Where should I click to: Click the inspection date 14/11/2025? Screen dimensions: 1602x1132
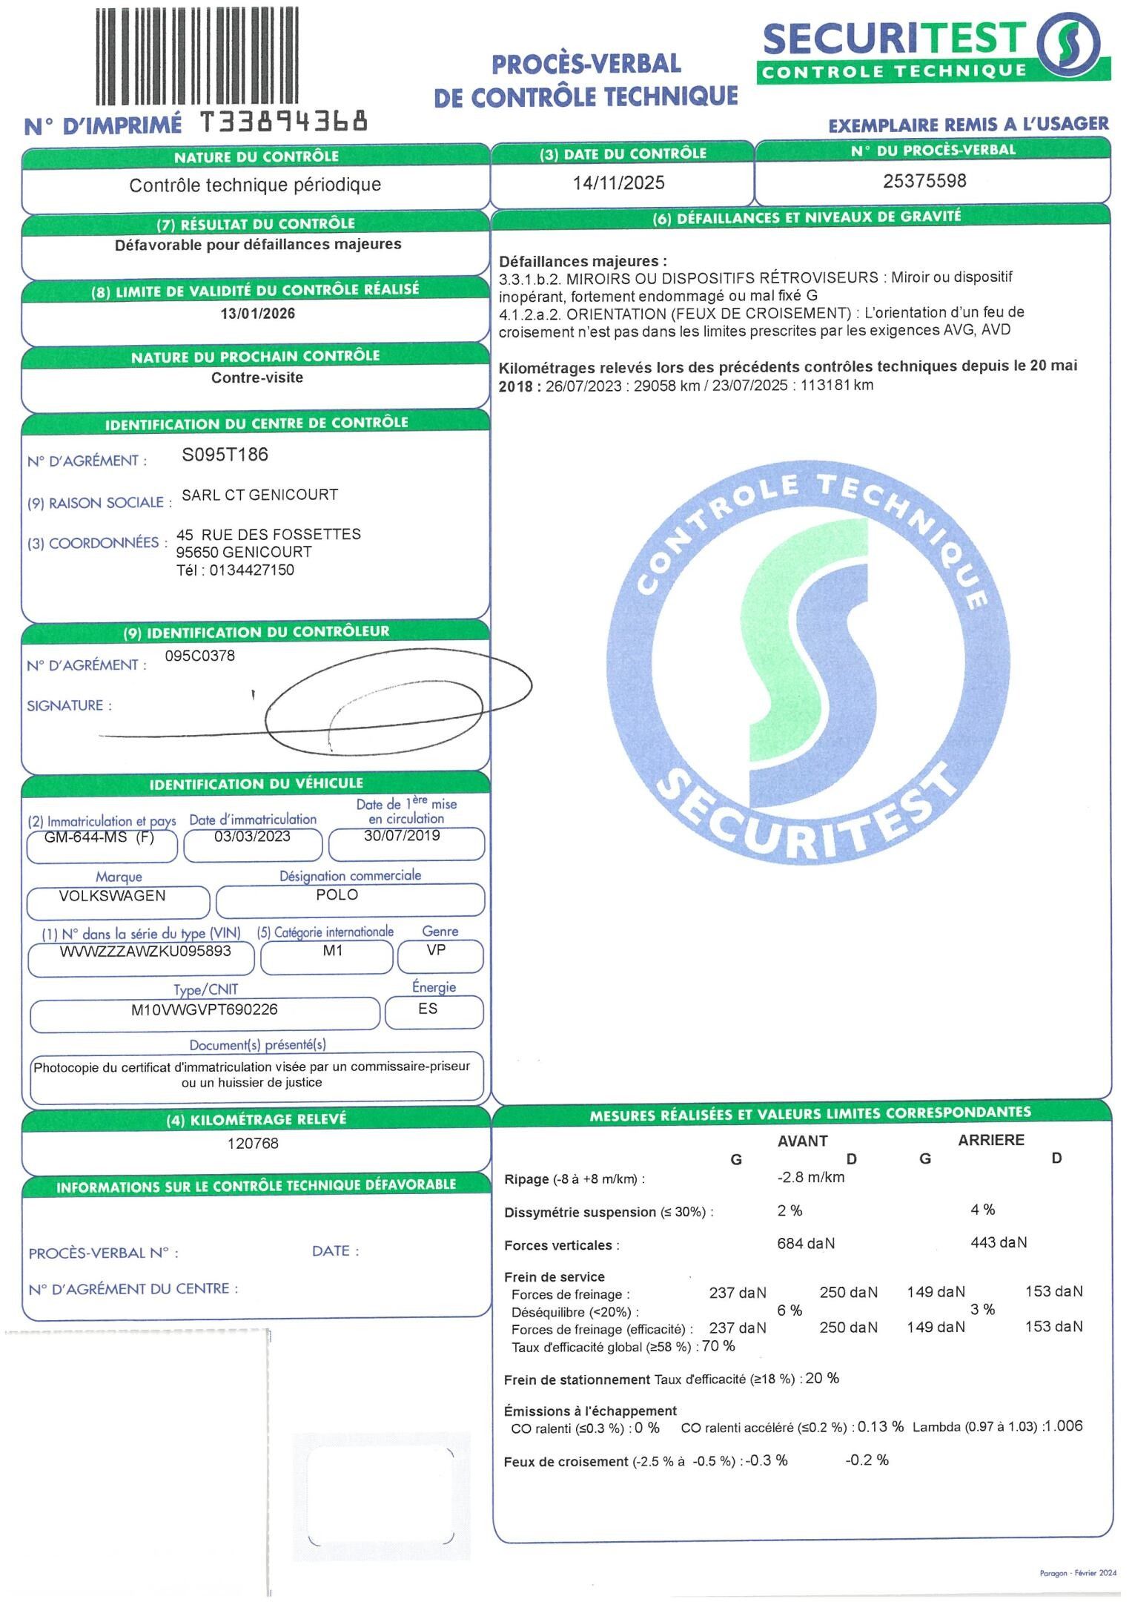[618, 183]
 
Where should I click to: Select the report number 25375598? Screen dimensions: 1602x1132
[924, 181]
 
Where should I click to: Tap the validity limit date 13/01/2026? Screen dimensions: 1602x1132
[257, 314]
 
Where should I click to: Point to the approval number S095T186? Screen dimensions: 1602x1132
[225, 455]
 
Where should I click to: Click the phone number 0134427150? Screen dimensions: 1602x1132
[252, 570]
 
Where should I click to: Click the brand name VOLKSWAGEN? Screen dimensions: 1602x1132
[112, 895]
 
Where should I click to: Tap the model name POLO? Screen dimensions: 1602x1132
[337, 894]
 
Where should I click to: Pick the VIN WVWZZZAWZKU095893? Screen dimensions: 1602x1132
[145, 951]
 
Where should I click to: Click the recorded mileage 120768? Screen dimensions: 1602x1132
[253, 1143]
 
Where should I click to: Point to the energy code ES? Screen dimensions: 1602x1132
[428, 1009]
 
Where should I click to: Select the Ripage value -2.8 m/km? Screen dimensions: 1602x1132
[810, 1177]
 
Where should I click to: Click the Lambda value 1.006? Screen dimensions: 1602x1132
[1062, 1426]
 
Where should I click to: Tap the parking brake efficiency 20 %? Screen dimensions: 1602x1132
[822, 1379]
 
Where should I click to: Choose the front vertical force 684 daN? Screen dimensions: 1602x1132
[806, 1243]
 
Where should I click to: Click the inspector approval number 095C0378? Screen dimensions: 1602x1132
[199, 656]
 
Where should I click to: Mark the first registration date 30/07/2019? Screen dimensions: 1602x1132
[402, 836]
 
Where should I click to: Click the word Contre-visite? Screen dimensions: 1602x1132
[257, 378]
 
